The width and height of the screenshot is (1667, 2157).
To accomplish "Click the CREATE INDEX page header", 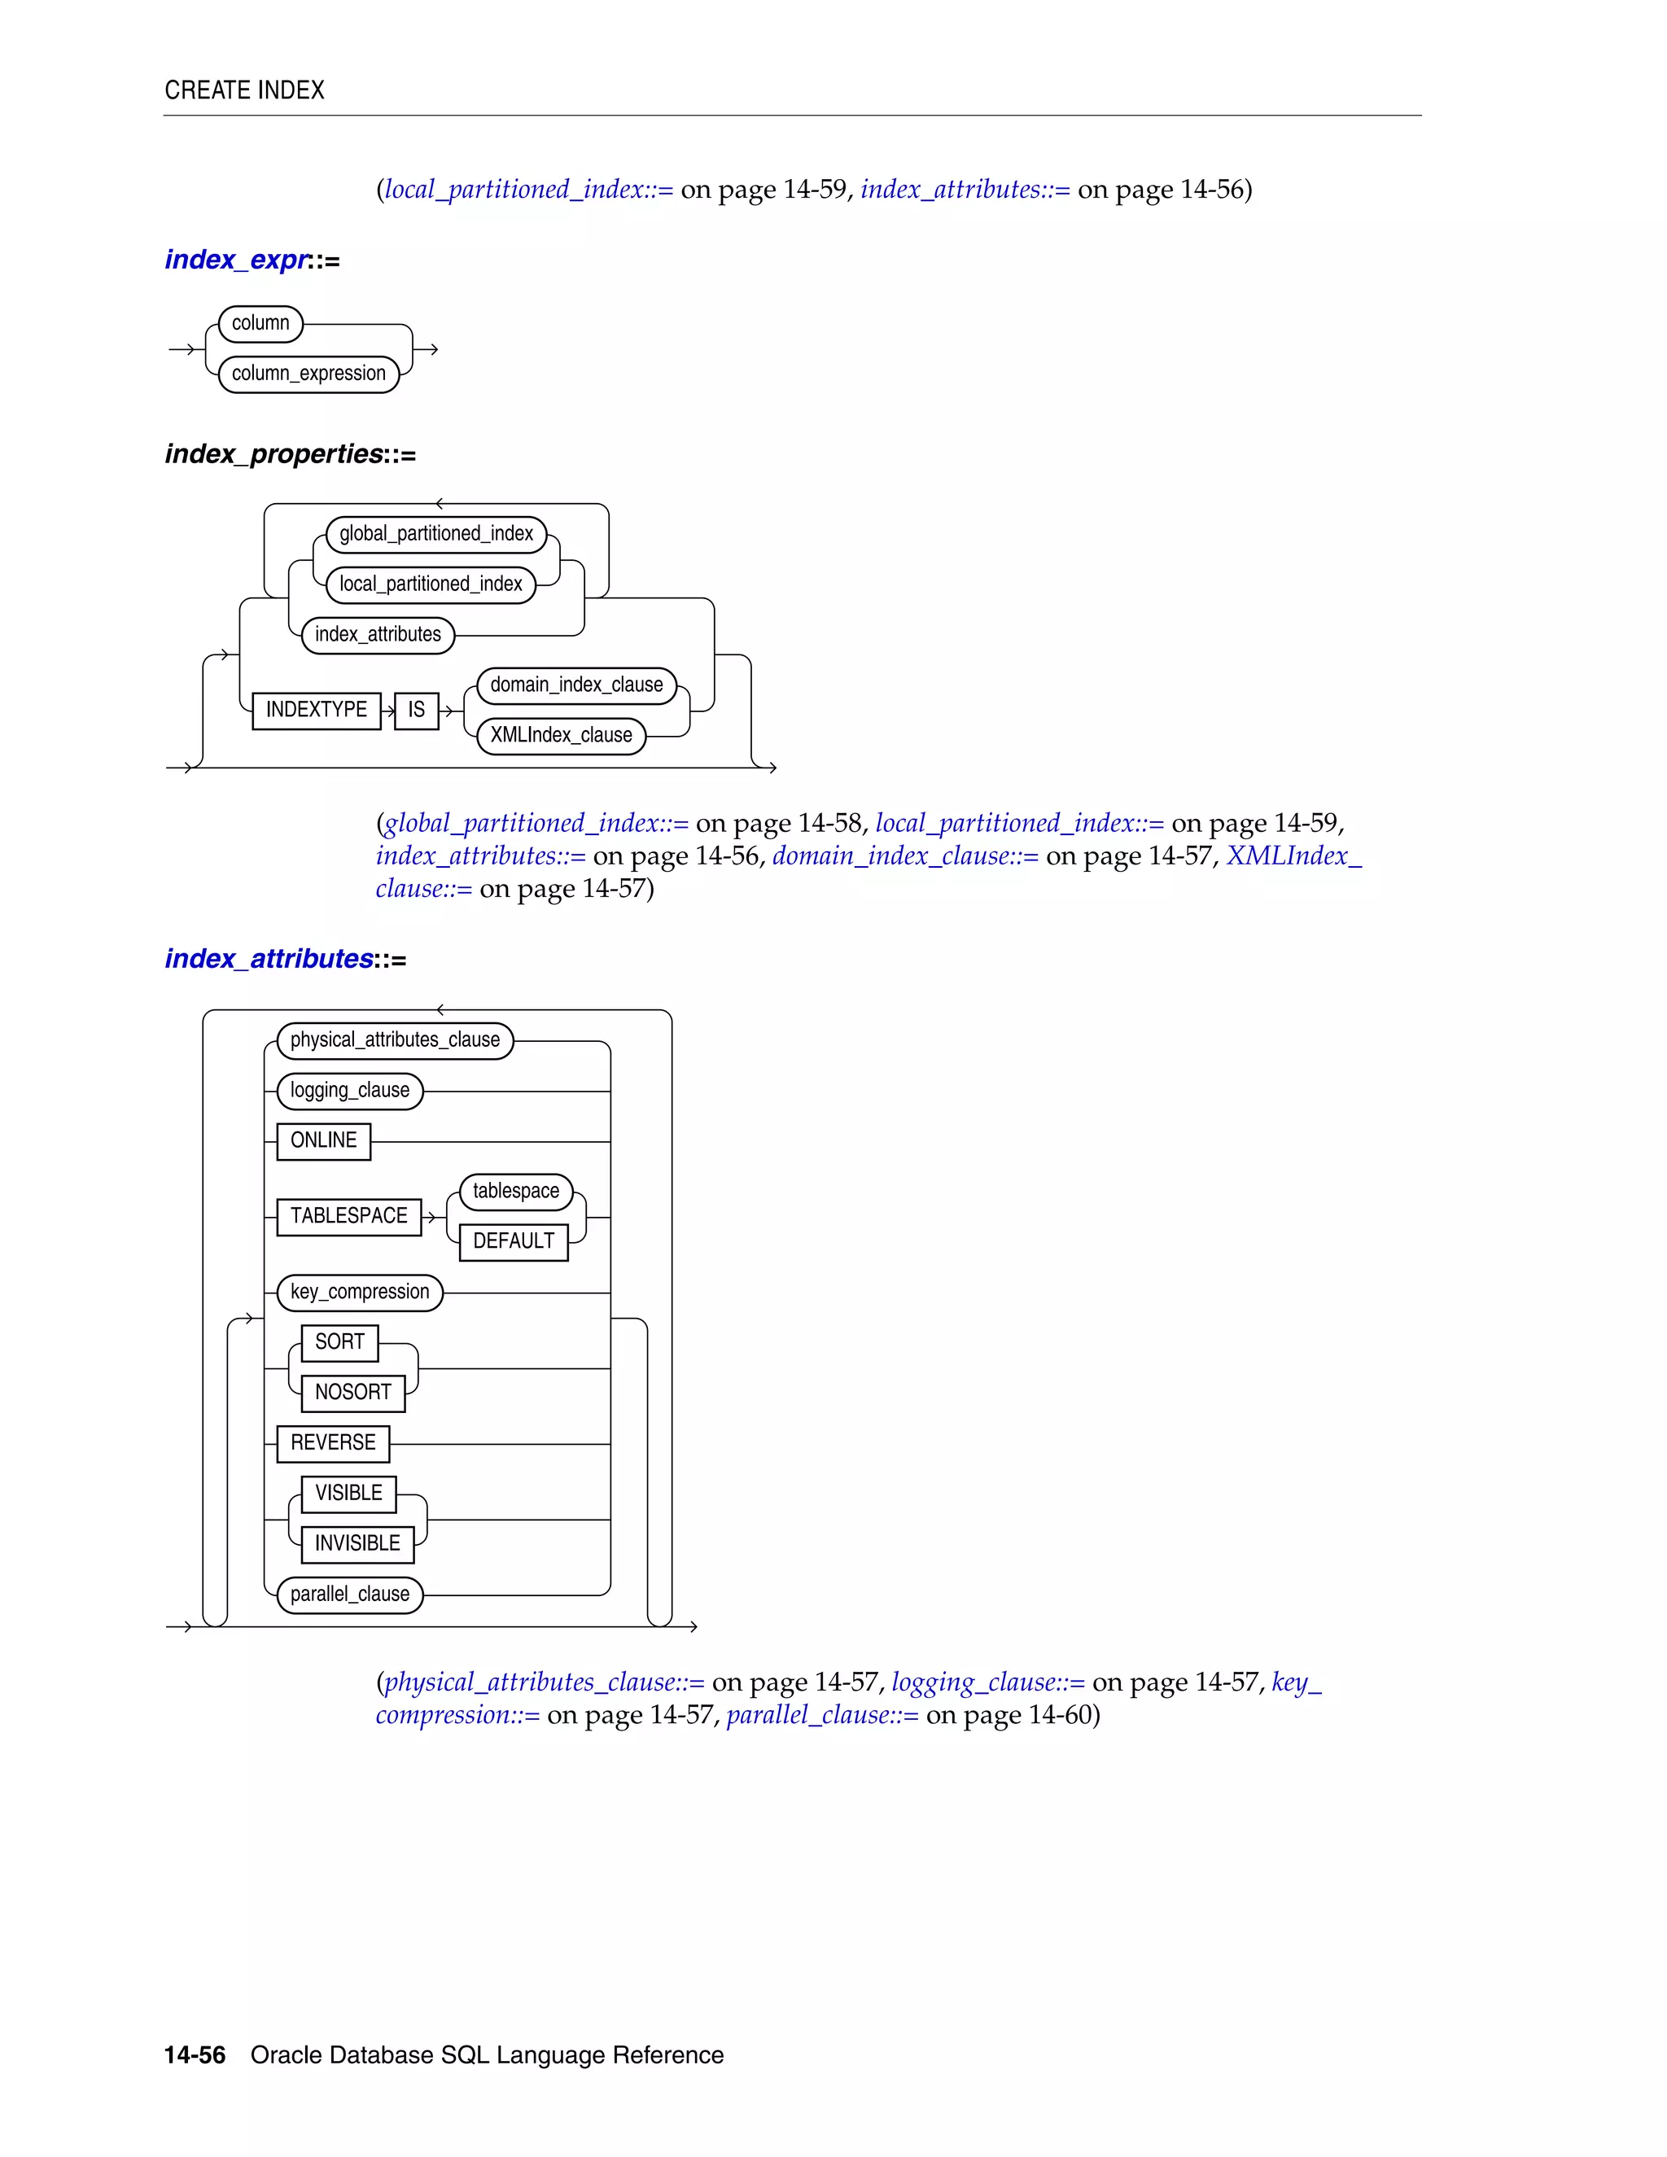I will (x=244, y=90).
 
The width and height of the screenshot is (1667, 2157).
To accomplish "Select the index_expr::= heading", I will (x=252, y=260).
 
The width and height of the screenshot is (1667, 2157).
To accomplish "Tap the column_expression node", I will (x=308, y=374).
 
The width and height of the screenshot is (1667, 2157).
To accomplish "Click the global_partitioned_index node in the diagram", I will (x=435, y=534).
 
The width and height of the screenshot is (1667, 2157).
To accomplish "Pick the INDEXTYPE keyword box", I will (x=316, y=710).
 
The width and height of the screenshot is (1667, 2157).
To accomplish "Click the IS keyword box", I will (x=416, y=710).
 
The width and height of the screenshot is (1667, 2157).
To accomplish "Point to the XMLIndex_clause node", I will (x=560, y=736).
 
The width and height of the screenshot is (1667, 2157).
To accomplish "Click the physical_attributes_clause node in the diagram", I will (x=395, y=1040).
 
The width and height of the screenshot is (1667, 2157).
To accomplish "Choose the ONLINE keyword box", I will (x=323, y=1140).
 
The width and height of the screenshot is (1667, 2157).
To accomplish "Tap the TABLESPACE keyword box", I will (x=348, y=1217).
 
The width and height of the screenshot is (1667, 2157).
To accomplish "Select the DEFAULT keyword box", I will (x=514, y=1241).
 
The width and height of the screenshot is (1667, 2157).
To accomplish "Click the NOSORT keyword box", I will (x=352, y=1393).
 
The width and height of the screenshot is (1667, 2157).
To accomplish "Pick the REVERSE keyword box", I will (x=333, y=1443).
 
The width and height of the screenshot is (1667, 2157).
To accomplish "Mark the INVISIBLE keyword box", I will (x=357, y=1543).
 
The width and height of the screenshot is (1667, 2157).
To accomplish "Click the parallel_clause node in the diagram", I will (x=349, y=1594).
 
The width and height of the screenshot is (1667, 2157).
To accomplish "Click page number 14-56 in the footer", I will (x=195, y=2055).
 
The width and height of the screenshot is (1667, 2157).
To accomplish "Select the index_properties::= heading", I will (x=289, y=454).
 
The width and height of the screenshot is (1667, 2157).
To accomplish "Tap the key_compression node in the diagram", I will (x=360, y=1292).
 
